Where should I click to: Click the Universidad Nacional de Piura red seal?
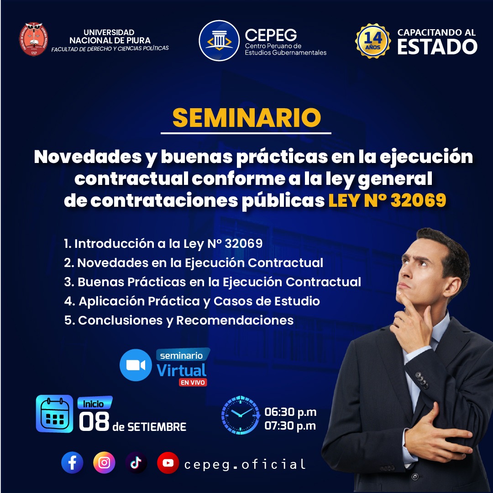pos(33,39)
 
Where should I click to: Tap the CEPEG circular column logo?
pos(219,41)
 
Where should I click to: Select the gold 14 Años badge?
pos(373,41)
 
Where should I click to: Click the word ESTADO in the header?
pos(437,47)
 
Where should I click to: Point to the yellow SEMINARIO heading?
pos(246,118)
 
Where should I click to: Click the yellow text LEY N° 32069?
pos(387,200)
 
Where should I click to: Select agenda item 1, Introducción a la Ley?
pos(163,243)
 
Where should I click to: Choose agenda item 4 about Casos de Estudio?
pos(192,301)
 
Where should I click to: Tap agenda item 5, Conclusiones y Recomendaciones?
pos(179,320)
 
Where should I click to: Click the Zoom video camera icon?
pos(136,365)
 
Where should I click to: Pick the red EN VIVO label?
pos(193,383)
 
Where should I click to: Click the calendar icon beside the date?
pos(54,414)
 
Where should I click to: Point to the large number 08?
pos(94,421)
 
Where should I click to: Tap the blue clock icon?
pos(241,415)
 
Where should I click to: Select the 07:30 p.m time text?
pos(290,426)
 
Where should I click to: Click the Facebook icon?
pos(72,462)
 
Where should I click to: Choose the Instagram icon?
pos(104,462)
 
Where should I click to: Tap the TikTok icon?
pos(136,462)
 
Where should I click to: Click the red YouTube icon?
pos(168,462)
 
